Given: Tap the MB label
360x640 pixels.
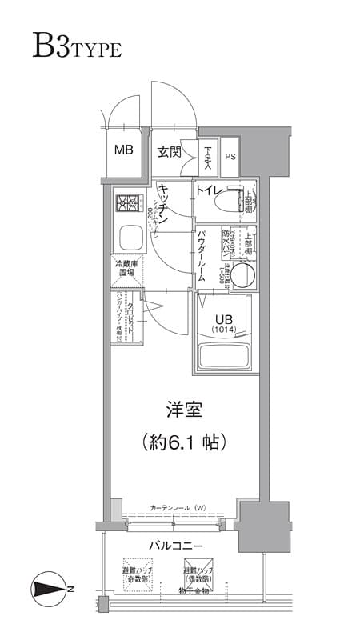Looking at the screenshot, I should [123, 149].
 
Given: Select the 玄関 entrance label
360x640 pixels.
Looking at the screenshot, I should [168, 152].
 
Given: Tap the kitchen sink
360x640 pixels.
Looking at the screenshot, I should [128, 238].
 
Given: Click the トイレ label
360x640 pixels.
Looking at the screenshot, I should [209, 190].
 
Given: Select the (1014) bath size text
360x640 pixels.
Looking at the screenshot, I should [223, 329].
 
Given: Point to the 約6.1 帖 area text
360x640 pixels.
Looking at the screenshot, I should [183, 441].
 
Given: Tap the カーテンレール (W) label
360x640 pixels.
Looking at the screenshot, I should [178, 507].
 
